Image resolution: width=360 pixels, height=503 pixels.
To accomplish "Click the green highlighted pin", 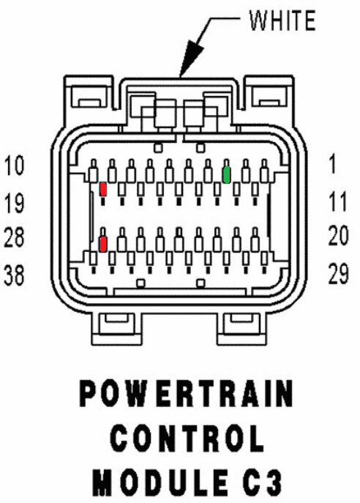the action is [226, 175].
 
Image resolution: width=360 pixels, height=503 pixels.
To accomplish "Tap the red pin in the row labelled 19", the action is [103, 189].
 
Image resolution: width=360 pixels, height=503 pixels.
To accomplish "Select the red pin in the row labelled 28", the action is [102, 244].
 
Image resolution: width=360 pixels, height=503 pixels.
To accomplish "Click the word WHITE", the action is [282, 21].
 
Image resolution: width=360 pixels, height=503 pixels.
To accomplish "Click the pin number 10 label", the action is [14, 165].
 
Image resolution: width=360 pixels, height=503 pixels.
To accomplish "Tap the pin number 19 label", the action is [14, 203].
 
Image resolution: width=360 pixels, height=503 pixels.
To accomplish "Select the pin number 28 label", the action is [14, 237].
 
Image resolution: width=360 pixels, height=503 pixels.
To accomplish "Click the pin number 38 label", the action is [14, 275].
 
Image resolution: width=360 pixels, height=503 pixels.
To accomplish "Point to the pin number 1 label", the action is [333, 163].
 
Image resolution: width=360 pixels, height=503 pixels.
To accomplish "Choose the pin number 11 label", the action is [337, 201].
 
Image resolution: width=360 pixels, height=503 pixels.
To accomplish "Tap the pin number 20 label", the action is [338, 236].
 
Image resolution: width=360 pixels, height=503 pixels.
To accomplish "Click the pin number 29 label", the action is [338, 274].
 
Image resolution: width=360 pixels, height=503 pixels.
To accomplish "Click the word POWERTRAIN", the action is [186, 393].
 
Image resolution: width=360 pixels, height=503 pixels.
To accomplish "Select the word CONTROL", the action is [187, 438].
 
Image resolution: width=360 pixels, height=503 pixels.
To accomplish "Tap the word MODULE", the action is [160, 482].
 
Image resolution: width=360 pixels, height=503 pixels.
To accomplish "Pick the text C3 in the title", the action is [261, 482].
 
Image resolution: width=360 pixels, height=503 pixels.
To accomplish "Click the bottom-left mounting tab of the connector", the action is [116, 328].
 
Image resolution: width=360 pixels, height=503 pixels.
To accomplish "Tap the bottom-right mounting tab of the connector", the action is [242, 328].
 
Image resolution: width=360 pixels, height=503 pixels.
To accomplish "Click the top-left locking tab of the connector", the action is [89, 96].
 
